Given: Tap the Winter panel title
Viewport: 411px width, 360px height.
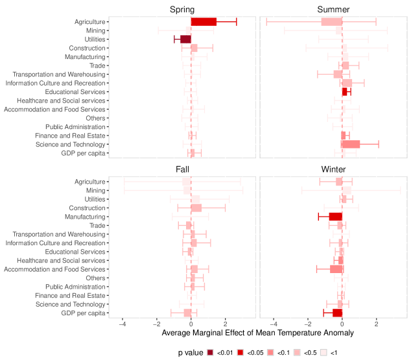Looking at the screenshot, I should (x=333, y=169).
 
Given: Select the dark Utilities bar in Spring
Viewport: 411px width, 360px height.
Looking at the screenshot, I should (x=185, y=39).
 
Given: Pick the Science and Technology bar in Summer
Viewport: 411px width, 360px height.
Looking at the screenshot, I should (x=351, y=144).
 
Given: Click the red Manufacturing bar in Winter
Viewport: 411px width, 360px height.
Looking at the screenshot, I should (x=335, y=216).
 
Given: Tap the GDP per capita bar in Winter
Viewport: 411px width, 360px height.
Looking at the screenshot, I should (x=337, y=313).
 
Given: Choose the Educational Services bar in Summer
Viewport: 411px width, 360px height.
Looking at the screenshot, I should (x=345, y=91).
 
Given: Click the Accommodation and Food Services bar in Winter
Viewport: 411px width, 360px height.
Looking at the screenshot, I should (x=336, y=269).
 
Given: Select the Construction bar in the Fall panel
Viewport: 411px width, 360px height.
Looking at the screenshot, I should (x=196, y=208).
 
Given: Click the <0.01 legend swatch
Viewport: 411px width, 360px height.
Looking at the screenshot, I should (x=211, y=353).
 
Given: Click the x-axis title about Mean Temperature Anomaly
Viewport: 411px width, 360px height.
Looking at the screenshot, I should (x=257, y=333).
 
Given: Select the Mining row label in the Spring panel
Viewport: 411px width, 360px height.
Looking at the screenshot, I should (x=96, y=30).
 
